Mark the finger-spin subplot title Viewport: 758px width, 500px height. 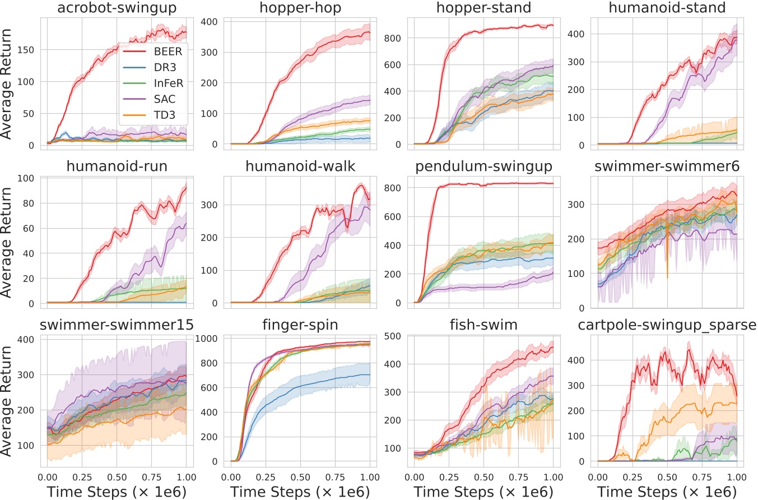300,325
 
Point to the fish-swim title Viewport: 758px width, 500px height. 483,325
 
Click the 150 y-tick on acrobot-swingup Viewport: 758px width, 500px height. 26,50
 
